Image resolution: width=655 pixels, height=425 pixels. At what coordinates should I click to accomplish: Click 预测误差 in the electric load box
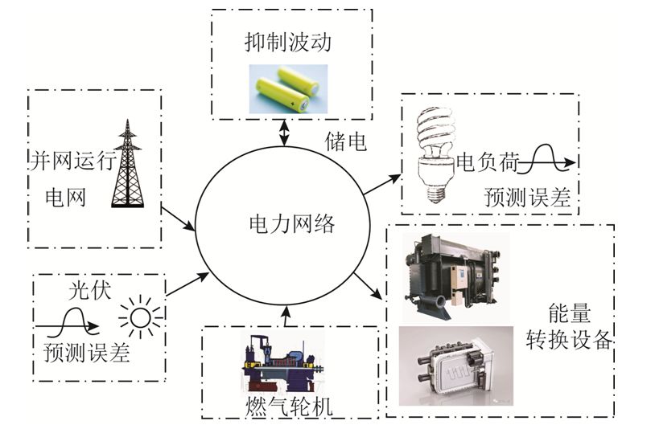(526, 196)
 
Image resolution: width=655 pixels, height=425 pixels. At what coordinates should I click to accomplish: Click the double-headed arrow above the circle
(283, 134)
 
